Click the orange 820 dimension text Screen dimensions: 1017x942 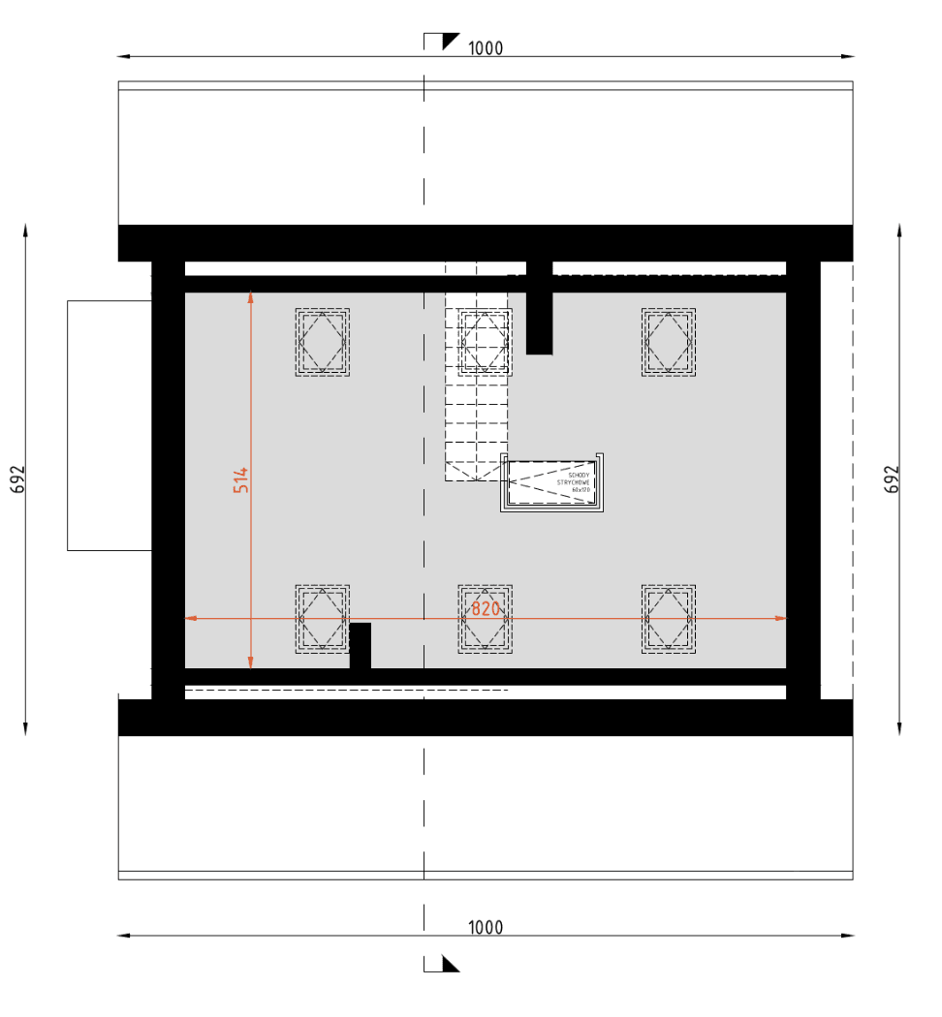pyautogui.click(x=486, y=608)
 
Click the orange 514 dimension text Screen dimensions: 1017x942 pyautogui.click(x=241, y=479)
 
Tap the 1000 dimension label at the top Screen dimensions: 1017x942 pyautogui.click(x=486, y=48)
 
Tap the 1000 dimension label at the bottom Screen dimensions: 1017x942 pyautogui.click(x=486, y=927)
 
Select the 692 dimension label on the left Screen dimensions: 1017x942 pyautogui.click(x=18, y=479)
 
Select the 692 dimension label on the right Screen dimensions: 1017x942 pyautogui.click(x=893, y=479)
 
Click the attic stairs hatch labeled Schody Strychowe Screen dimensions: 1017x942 pyautogui.click(x=552, y=482)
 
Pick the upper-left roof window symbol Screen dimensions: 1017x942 pyautogui.click(x=322, y=342)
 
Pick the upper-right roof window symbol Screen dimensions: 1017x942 pyautogui.click(x=668, y=342)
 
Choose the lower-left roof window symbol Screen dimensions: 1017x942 pyautogui.click(x=322, y=618)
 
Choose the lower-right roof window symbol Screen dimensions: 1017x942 pyautogui.click(x=668, y=618)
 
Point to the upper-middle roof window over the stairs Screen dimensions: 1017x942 pyautogui.click(x=485, y=342)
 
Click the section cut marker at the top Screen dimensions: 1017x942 pyautogui.click(x=443, y=41)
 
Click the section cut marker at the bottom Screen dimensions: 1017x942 pyautogui.click(x=443, y=963)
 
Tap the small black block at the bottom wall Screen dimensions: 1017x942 pyautogui.click(x=360, y=646)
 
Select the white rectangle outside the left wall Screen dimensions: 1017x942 pyautogui.click(x=109, y=425)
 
